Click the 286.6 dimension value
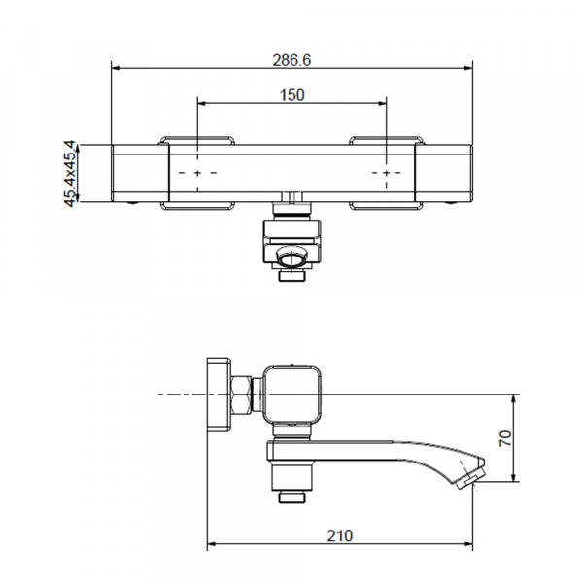[291, 60]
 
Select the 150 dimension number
[292, 95]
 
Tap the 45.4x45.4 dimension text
[70, 173]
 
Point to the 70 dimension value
[505, 438]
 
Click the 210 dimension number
[340, 535]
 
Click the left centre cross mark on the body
[197, 173]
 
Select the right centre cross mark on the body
[387, 173]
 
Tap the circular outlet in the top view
[291, 258]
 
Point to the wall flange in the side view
[219, 394]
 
